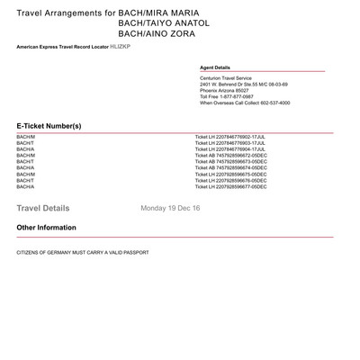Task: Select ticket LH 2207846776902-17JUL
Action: tap(230, 137)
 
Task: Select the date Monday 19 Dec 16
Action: tap(170, 208)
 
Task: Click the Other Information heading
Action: tap(46, 228)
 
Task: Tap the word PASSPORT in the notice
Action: tap(134, 253)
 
